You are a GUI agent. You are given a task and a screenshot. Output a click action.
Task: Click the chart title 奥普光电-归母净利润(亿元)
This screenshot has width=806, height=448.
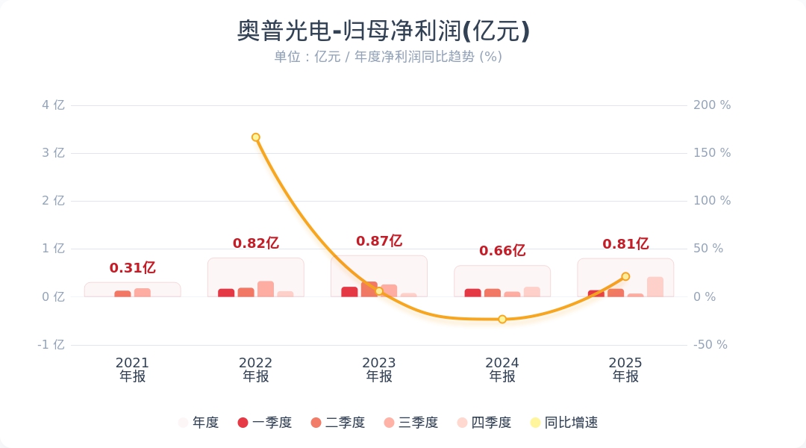[383, 31]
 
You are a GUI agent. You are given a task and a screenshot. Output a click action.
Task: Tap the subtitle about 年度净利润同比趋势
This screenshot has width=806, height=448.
[388, 57]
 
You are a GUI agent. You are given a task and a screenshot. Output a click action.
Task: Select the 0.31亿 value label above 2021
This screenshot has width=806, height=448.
[133, 267]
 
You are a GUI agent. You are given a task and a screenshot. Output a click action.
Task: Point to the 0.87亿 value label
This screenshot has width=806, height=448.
[379, 240]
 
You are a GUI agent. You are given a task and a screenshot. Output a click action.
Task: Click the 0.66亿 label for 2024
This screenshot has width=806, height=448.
[502, 250]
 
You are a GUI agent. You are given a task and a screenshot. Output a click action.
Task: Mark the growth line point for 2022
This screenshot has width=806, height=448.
[255, 137]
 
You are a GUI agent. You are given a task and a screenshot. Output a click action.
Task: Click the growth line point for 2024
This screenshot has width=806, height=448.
[502, 320]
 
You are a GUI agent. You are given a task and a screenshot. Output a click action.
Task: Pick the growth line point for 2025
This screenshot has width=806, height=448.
[625, 277]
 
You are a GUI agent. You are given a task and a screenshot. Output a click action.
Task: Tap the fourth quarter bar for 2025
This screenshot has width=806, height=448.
[655, 287]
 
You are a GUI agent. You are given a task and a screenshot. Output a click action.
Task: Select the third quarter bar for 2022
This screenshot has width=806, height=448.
[266, 289]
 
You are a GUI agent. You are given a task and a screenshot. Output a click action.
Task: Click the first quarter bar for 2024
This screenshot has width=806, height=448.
[473, 293]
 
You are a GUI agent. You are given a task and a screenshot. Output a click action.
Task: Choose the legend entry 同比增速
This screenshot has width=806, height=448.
[564, 423]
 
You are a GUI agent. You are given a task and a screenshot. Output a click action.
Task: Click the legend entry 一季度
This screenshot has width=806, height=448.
[265, 423]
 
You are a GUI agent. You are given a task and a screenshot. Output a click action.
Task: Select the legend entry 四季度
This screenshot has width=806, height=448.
[484, 423]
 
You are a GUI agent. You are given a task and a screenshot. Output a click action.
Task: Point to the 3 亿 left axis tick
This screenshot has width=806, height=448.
[54, 153]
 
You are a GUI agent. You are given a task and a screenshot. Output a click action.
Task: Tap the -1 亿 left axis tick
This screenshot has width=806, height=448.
[51, 345]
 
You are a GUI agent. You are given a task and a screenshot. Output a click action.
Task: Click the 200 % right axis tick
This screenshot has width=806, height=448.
[712, 105]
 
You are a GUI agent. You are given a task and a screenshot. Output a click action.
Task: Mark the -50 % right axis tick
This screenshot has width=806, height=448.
[710, 345]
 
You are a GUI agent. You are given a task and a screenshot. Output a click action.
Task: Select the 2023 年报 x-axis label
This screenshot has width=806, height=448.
[379, 370]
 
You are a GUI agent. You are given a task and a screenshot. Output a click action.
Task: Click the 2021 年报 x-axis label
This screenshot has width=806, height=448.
[132, 370]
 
